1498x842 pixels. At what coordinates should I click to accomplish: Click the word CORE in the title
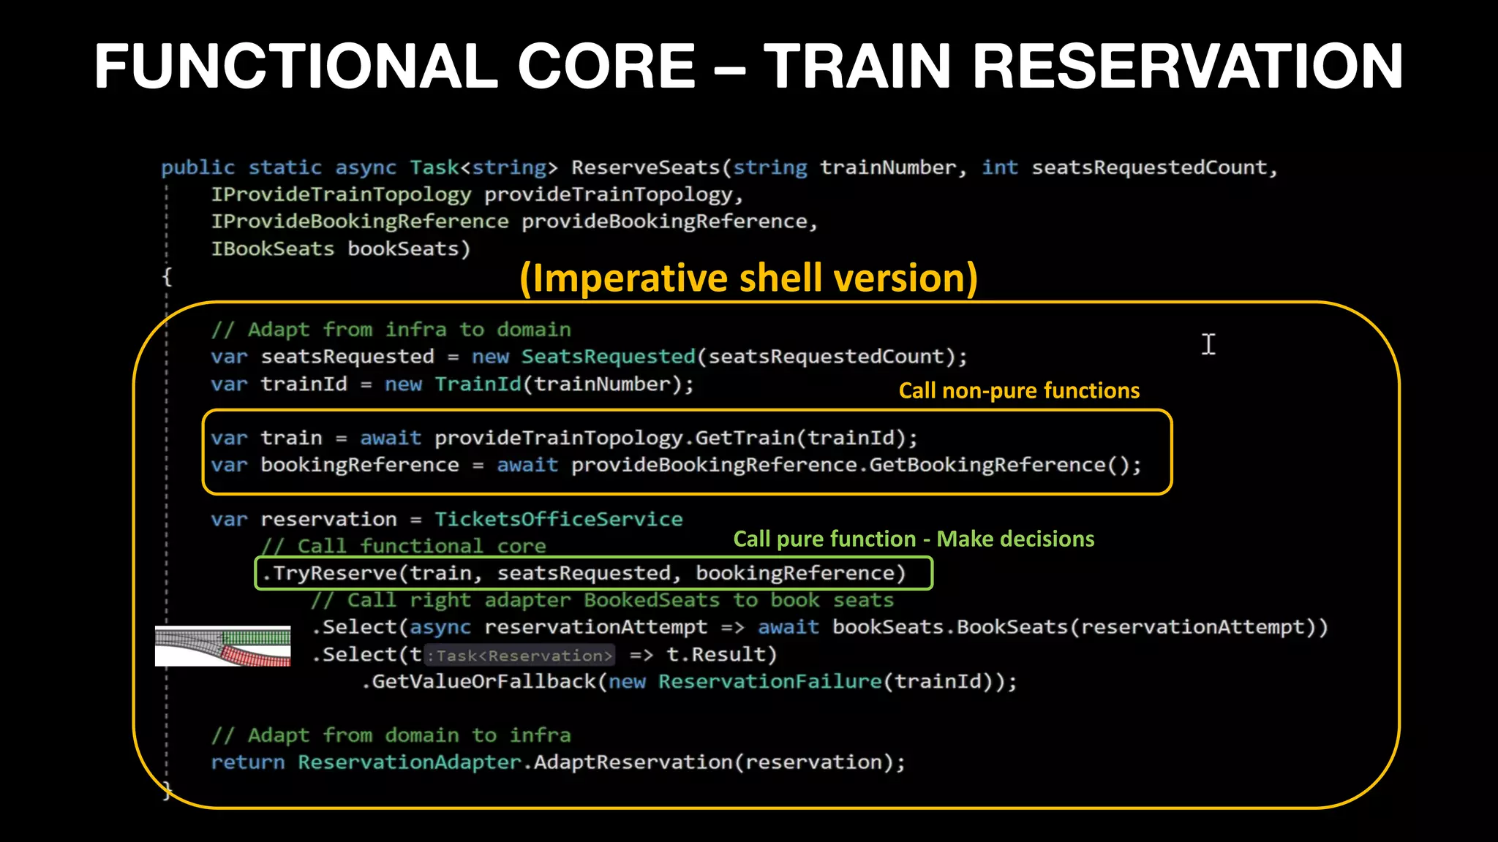606,67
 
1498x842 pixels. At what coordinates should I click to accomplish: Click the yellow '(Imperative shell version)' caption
748,278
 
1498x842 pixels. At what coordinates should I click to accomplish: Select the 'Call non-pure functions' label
1018,390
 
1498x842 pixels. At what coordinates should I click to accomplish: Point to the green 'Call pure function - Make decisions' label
913,539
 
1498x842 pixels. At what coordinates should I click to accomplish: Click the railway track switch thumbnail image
222,645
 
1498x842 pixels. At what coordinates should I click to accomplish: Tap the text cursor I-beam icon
1208,344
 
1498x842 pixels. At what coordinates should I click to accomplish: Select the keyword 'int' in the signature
999,167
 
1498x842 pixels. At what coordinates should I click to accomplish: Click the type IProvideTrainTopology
341,194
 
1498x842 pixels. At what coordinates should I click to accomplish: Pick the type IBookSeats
272,249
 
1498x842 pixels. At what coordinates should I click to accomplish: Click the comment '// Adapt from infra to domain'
391,330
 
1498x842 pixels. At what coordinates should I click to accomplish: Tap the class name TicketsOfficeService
558,519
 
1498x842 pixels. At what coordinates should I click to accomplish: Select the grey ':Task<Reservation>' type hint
519,655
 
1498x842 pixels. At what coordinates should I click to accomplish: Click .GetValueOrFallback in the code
479,681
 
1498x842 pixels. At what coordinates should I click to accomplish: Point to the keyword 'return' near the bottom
247,762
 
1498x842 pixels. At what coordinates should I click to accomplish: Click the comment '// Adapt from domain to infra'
391,735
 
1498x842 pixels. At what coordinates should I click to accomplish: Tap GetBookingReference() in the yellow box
1004,465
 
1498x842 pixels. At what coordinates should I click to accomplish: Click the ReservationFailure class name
769,681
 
